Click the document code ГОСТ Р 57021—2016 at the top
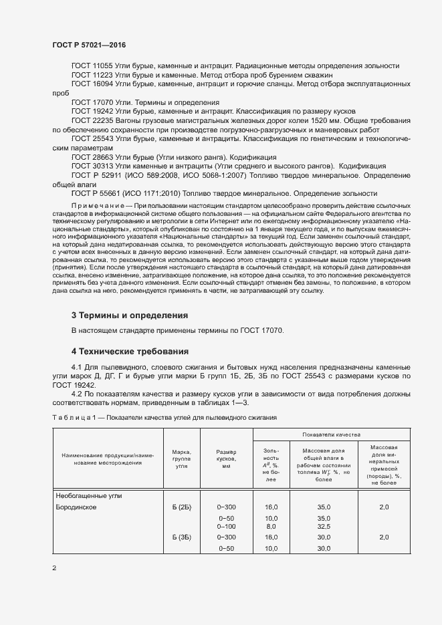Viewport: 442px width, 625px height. [x=89, y=45]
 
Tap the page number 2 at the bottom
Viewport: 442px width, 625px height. [x=54, y=568]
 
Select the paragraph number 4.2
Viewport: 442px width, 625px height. [x=77, y=396]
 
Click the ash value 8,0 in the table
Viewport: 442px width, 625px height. [x=271, y=527]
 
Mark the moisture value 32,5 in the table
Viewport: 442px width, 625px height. [x=324, y=527]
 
